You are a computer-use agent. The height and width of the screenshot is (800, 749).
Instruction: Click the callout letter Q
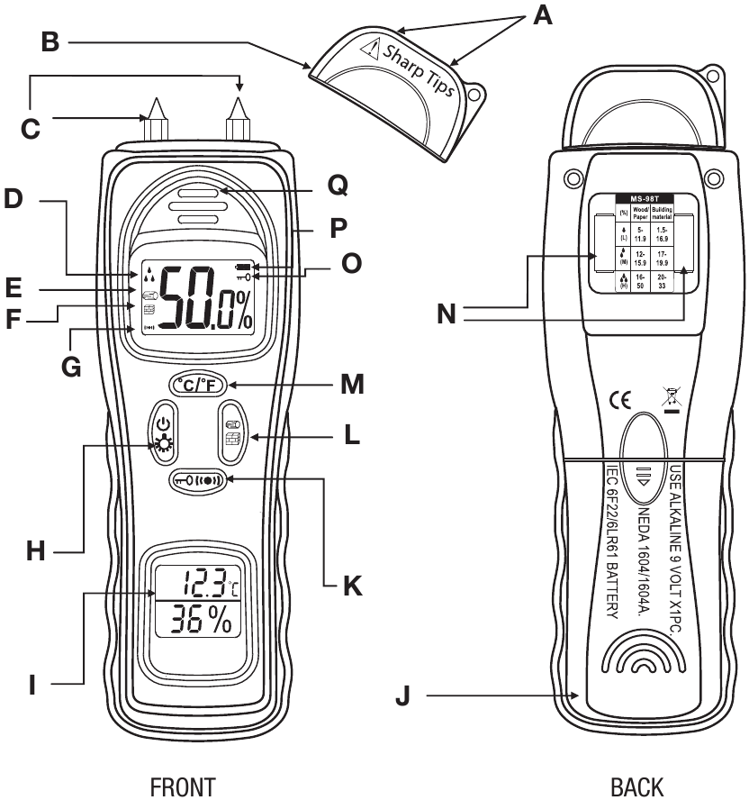click(x=338, y=186)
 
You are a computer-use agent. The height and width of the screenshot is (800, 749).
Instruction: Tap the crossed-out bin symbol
click(x=670, y=397)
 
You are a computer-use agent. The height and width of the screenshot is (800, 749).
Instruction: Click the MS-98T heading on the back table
click(x=641, y=197)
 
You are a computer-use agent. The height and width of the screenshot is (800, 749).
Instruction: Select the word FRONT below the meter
click(x=183, y=786)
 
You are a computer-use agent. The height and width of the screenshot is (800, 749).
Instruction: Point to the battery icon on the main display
click(x=244, y=268)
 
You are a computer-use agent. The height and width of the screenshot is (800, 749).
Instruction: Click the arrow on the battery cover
click(x=643, y=478)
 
